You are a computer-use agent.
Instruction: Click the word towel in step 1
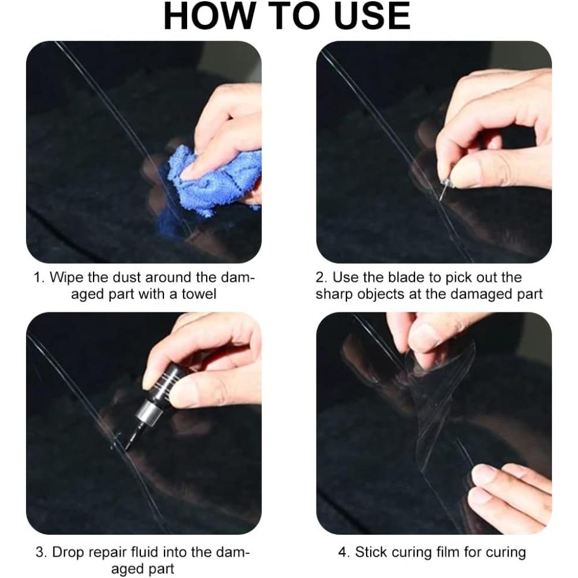coord(199,294)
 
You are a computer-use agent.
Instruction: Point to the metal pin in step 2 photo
coord(445,188)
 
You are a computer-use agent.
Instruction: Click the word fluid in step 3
coord(145,552)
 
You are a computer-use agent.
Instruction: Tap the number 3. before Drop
coord(42,553)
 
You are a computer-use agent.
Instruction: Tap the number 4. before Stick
coord(344,553)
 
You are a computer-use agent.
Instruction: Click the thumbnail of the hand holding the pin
coord(434,152)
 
